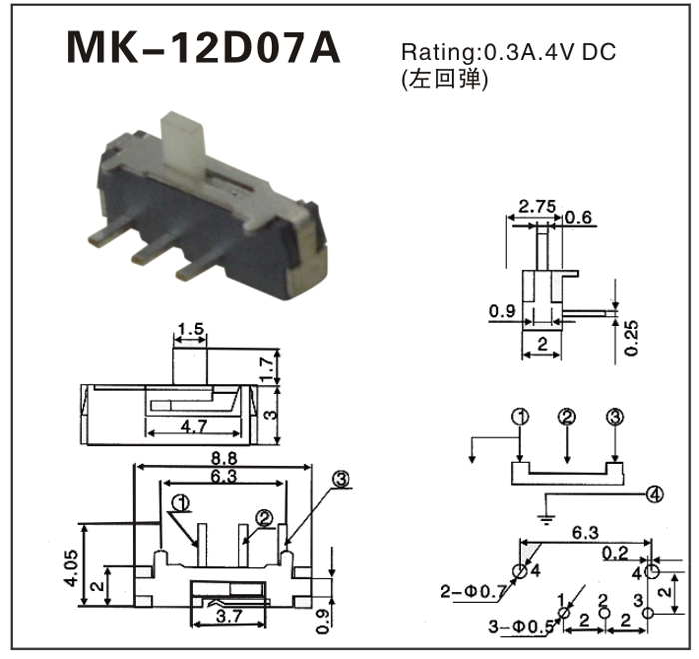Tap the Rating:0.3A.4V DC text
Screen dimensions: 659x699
(508, 52)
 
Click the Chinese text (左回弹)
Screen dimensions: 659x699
(444, 81)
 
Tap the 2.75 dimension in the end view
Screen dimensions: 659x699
(538, 207)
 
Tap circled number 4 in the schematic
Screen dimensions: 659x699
(654, 493)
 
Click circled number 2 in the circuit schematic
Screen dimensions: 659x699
(567, 417)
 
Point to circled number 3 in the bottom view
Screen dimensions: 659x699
(342, 481)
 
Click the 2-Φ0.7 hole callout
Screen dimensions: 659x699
(472, 592)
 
